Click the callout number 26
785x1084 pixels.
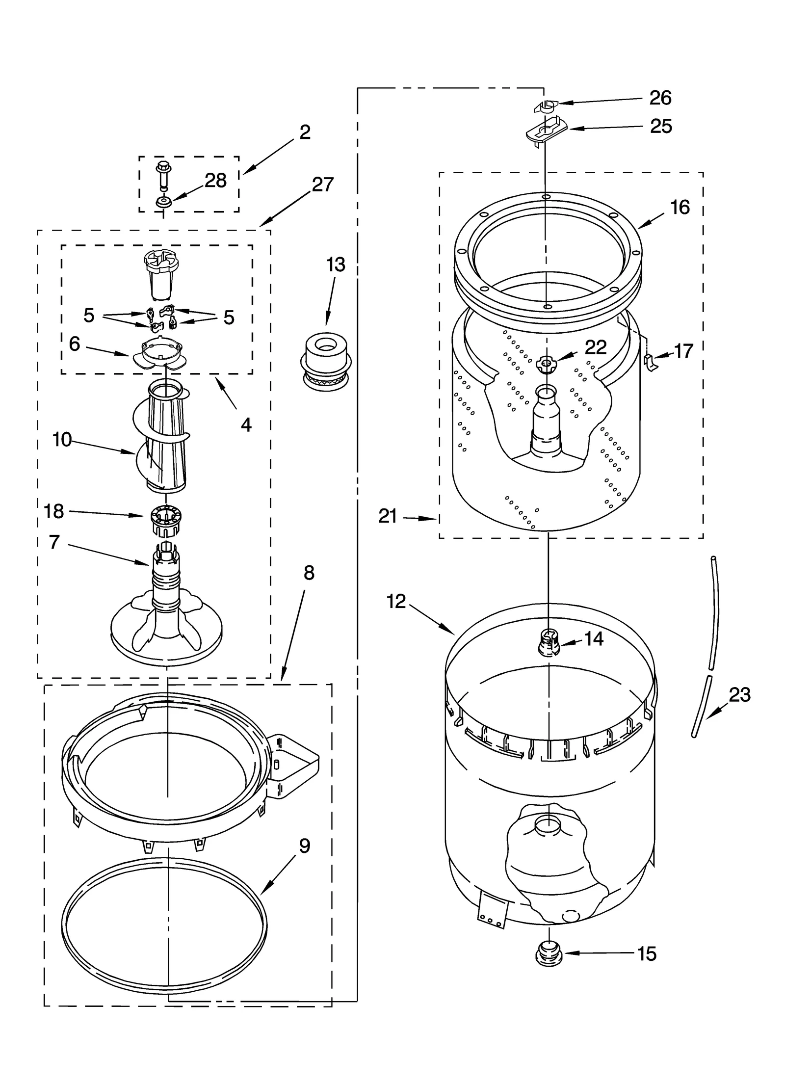(660, 98)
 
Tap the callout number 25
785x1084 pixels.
(660, 127)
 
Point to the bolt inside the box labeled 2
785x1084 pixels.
(162, 175)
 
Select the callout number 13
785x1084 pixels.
(336, 265)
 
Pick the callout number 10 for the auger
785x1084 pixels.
(62, 440)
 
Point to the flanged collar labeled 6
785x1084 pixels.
(159, 354)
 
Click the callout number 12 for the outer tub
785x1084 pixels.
(396, 601)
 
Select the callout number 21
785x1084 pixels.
(388, 516)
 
